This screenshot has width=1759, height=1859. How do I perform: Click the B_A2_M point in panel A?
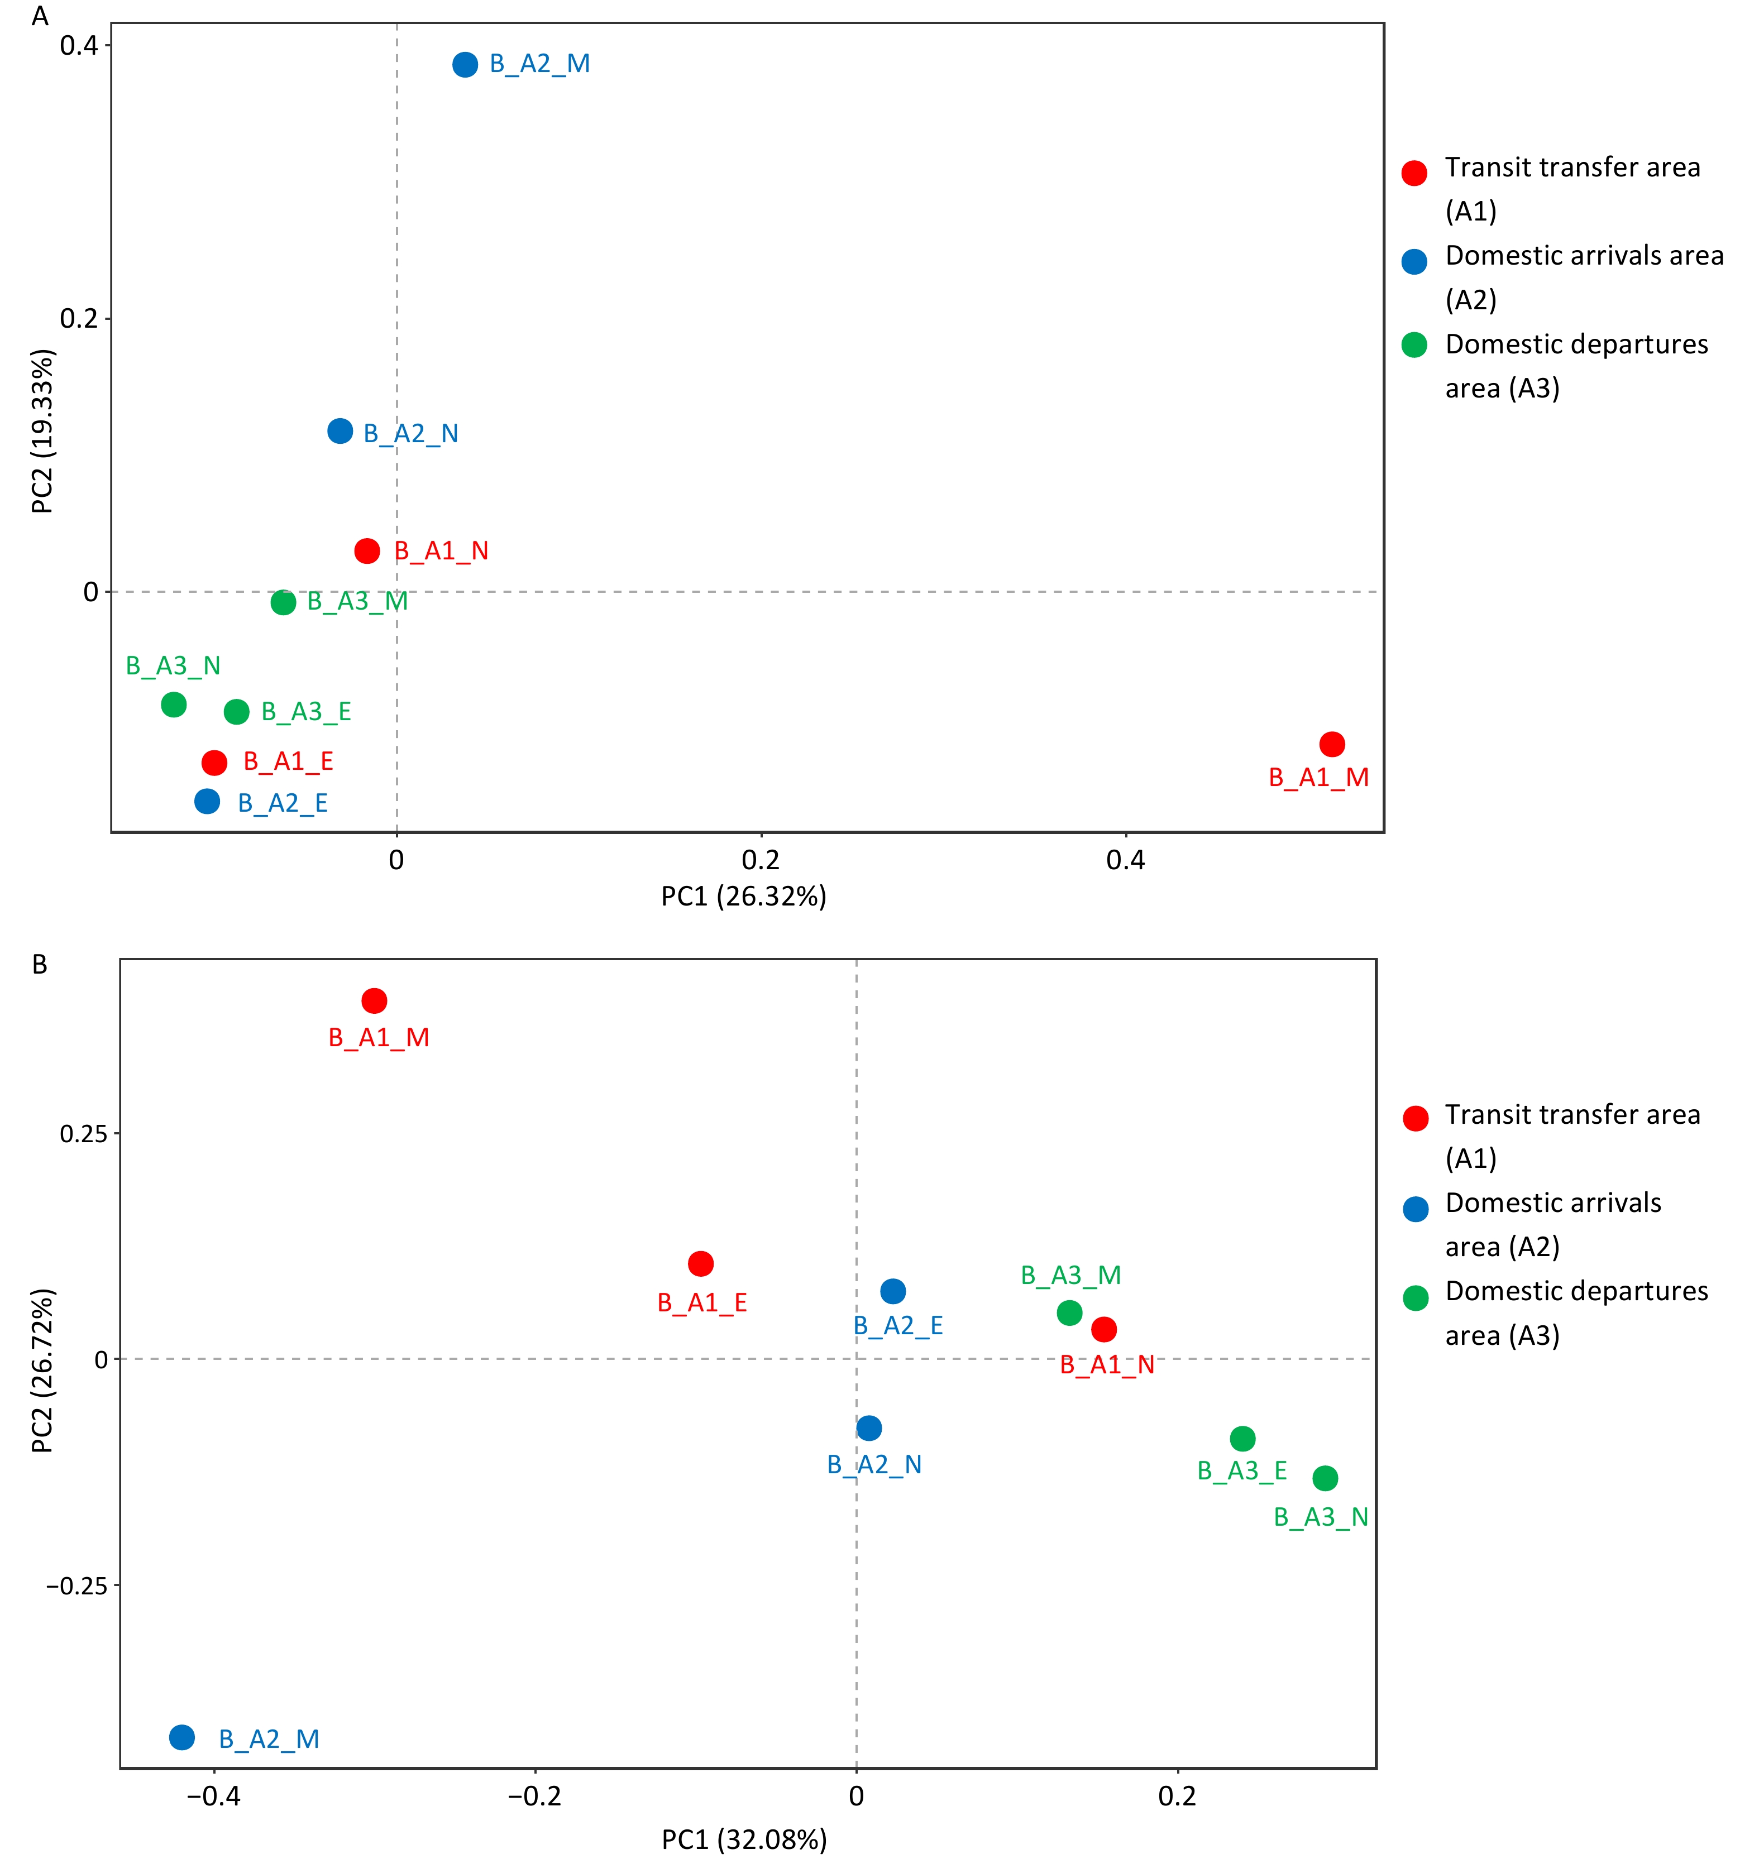[x=465, y=65]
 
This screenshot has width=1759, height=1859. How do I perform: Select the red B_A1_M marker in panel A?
[x=1331, y=744]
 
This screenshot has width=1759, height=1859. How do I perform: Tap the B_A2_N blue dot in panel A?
[x=341, y=431]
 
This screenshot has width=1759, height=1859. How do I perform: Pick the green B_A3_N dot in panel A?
[x=174, y=704]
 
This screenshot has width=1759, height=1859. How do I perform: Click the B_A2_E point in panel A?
[x=207, y=802]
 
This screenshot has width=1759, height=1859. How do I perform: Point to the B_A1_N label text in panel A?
[x=441, y=551]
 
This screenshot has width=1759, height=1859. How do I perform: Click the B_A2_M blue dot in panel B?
[x=182, y=1737]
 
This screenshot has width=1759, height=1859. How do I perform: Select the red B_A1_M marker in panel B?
[x=374, y=1001]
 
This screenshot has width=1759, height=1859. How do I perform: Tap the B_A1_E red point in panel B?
[x=700, y=1264]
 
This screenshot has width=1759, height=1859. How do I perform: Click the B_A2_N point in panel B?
[x=869, y=1428]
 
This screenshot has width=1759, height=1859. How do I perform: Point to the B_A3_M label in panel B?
[x=1071, y=1275]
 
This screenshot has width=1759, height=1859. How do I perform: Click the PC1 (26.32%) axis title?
[x=744, y=897]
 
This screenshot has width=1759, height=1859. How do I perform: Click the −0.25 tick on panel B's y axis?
[x=77, y=1585]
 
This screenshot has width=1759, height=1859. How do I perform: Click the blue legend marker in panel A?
[x=1414, y=262]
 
